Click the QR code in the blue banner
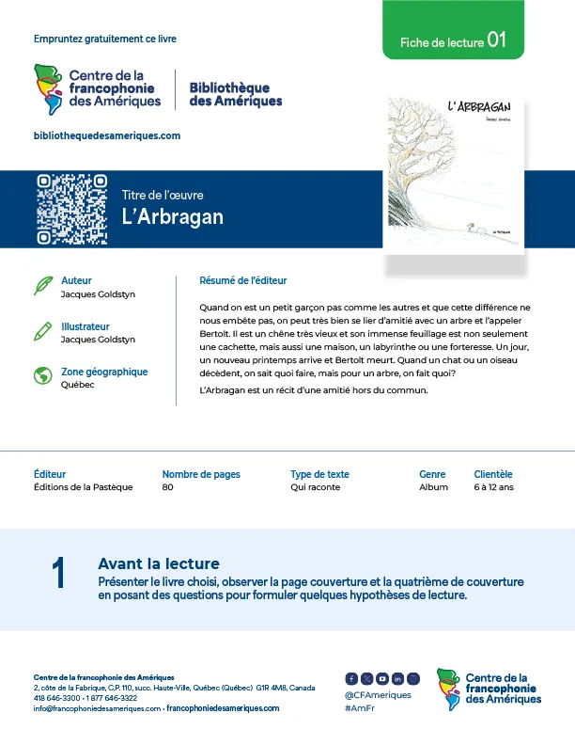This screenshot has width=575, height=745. coord(70,209)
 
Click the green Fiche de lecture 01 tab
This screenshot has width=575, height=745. coord(453,41)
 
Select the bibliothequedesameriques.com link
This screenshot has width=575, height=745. coord(106,135)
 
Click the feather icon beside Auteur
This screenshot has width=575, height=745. coord(42,285)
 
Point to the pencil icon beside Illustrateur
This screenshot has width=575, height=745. coord(42,331)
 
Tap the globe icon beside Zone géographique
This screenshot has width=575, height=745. coord(42,376)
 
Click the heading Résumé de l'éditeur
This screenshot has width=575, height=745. coord(243,280)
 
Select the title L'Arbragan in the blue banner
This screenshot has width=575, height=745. coord(173,216)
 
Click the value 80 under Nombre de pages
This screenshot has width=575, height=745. coord(168,487)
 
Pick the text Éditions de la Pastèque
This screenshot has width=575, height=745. coord(83,487)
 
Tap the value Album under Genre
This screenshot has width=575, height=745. coord(433,487)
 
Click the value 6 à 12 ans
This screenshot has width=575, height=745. coord(494,487)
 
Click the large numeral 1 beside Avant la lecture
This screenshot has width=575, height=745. coord(58,574)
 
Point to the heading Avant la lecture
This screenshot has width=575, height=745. coord(158,563)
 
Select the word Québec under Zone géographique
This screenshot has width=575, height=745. coord(77,385)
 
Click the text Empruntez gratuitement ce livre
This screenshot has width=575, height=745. coord(104,39)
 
